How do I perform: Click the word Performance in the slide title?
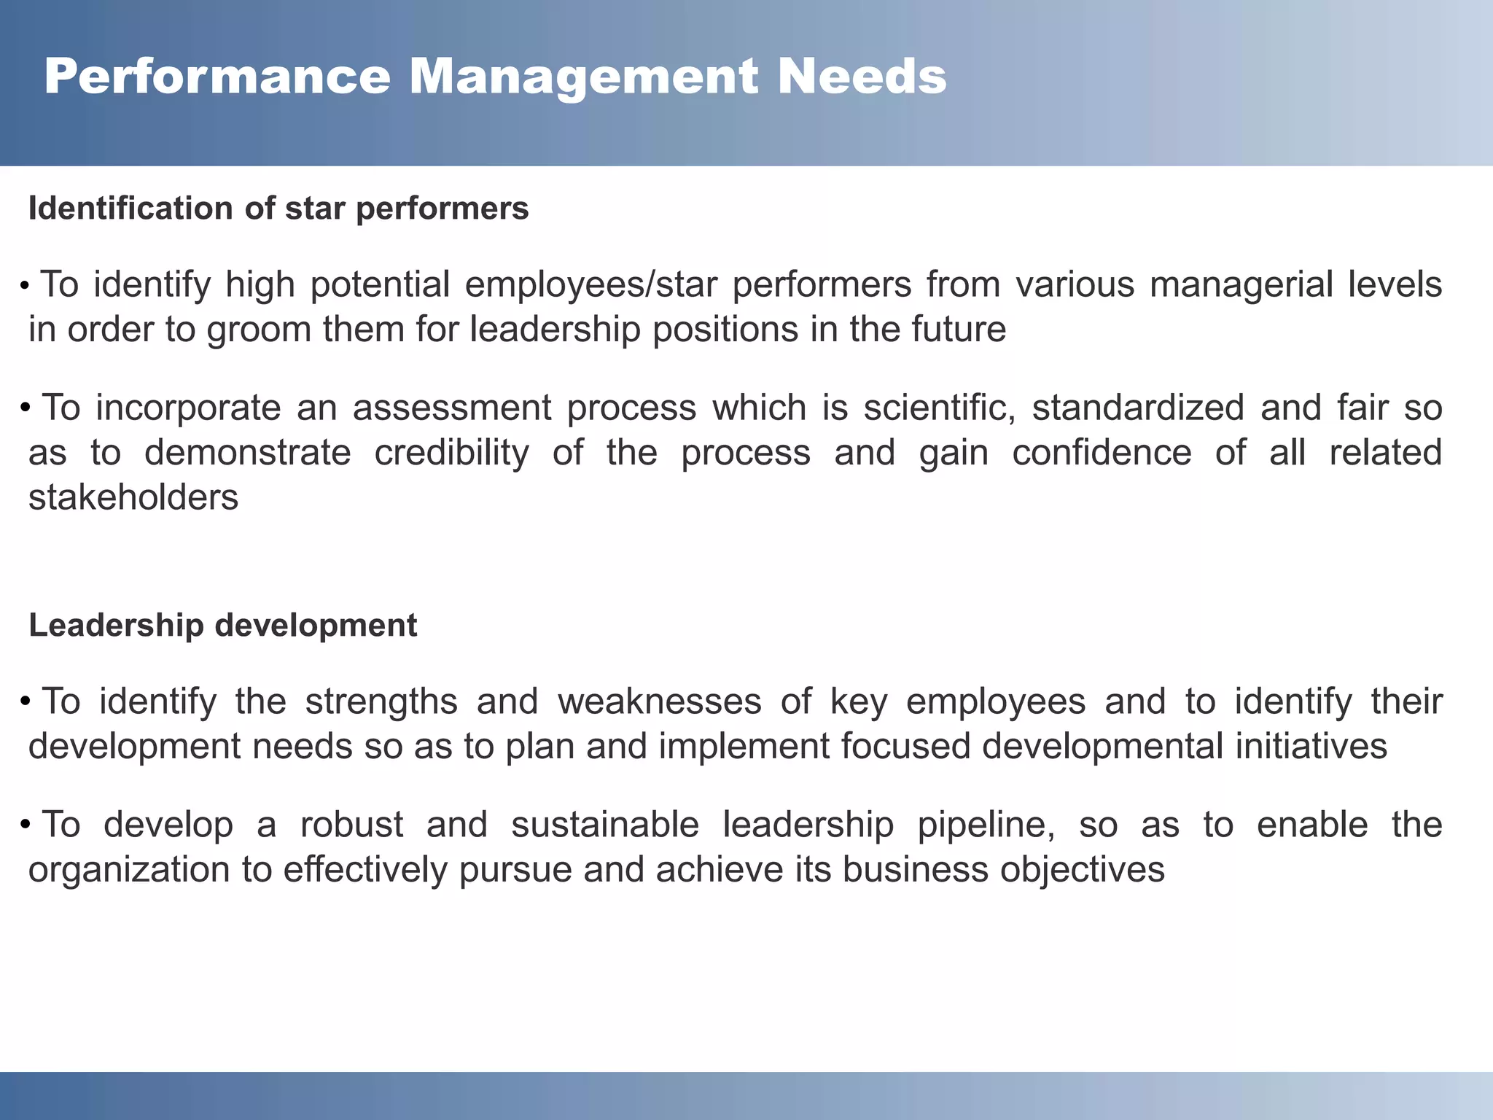click(217, 77)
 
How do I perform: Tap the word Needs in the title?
click(862, 77)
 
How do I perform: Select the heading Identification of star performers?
click(278, 209)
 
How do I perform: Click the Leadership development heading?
click(222, 626)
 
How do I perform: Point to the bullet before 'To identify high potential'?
click(25, 285)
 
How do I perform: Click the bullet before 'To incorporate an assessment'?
click(26, 407)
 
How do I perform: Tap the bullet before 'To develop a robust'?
click(26, 825)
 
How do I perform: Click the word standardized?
click(1138, 408)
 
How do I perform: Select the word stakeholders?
click(133, 498)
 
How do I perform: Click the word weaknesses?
click(659, 701)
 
